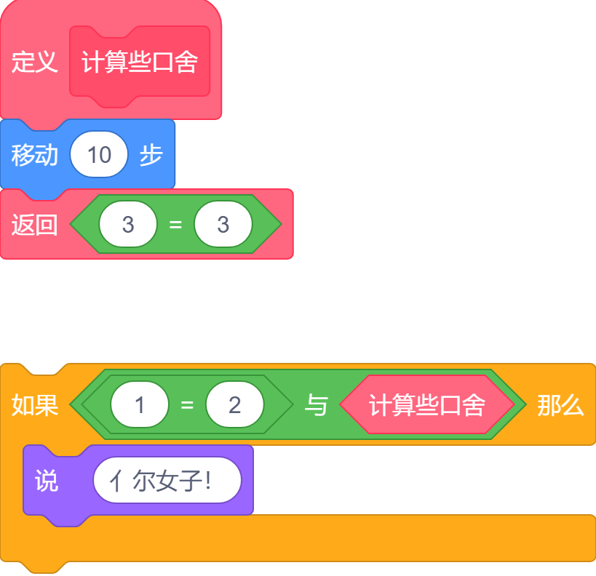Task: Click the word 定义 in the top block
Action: pos(34,62)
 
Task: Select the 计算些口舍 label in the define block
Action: pos(140,63)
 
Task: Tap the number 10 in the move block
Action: pos(99,154)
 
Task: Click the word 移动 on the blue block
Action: pos(34,154)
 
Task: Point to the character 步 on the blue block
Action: pos(151,154)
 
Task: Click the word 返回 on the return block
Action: pos(34,225)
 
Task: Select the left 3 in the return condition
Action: pos(128,225)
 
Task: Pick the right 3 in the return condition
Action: pos(223,225)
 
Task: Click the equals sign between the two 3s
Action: pos(175,225)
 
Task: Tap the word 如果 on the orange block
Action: pos(34,405)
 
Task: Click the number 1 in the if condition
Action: pos(140,405)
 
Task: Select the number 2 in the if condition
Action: pos(234,405)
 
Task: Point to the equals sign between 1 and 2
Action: pos(187,405)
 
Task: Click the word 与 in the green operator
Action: pos(316,405)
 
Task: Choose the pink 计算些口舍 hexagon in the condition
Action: pos(426,405)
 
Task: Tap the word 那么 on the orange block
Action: pos(560,405)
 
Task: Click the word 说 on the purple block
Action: pos(46,481)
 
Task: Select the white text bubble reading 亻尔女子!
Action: pos(167,481)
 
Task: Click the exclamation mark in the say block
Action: pos(208,481)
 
